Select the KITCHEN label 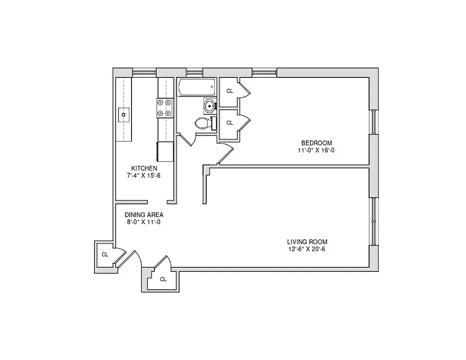tap(144, 168)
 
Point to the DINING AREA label tap(144, 215)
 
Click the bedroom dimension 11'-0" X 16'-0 tap(316, 150)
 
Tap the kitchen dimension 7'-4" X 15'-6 tap(144, 175)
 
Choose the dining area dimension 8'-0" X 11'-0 tap(144, 222)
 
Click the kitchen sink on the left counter tap(124, 115)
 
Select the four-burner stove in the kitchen tap(165, 108)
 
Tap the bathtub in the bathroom tap(196, 87)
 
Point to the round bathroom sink tap(209, 106)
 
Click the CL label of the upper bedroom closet tap(230, 91)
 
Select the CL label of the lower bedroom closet tap(230, 122)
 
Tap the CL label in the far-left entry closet tap(105, 255)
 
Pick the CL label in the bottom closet tap(163, 279)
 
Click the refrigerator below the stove tap(165, 151)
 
